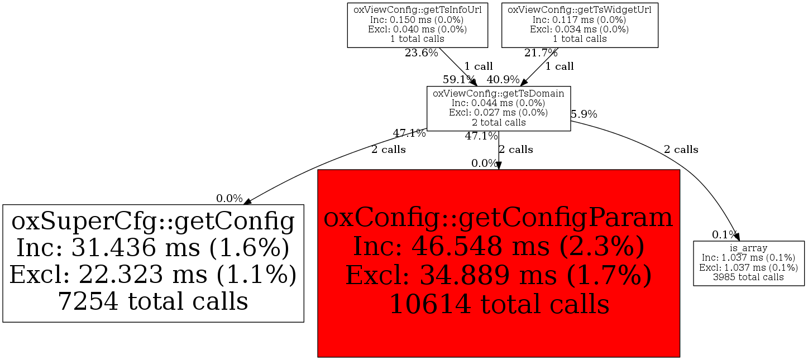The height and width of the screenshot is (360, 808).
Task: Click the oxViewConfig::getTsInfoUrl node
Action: point(418,25)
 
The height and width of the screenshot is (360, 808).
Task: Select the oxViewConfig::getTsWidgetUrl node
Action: point(580,25)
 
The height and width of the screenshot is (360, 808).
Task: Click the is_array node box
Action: point(748,263)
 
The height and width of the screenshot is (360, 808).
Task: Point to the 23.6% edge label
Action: point(421,53)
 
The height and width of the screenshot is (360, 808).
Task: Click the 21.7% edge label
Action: point(541,53)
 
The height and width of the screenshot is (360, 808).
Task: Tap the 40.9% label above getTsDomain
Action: point(503,79)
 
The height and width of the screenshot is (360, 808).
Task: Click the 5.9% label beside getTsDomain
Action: point(584,114)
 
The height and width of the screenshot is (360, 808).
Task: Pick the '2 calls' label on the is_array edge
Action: point(681,150)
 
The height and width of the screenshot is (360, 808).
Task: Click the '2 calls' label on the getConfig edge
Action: point(389,150)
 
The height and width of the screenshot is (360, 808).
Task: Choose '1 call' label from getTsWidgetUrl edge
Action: point(560,66)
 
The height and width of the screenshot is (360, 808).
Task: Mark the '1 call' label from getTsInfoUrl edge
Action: point(479,66)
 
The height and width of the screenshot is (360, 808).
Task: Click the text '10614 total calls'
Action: point(498,304)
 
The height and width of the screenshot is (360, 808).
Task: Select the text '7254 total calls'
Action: point(153,301)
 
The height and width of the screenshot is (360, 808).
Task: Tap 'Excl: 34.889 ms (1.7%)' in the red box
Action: point(498,275)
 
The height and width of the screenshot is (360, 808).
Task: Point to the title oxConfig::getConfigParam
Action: point(498,218)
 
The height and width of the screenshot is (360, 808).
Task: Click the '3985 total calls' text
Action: point(748,277)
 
